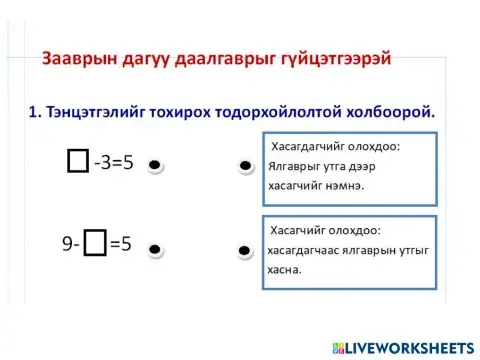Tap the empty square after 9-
click(x=95, y=242)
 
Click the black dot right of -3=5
click(x=155, y=165)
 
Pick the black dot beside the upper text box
click(x=244, y=166)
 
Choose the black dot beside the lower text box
click(x=244, y=249)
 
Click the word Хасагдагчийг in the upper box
click(x=310, y=146)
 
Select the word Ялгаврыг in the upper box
click(x=300, y=166)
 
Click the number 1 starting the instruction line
click(x=33, y=110)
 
